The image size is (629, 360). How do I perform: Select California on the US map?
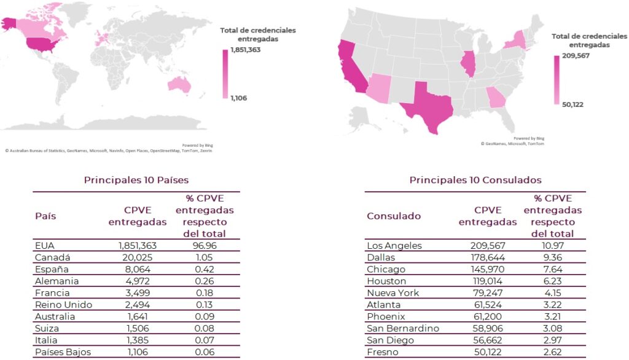(x=347, y=68)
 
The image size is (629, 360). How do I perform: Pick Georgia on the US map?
(x=495, y=96)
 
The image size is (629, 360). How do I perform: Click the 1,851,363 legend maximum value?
(x=246, y=50)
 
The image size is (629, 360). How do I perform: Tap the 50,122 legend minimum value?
(x=573, y=104)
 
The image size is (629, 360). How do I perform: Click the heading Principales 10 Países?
(x=136, y=180)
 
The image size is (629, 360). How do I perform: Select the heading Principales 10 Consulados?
(x=475, y=180)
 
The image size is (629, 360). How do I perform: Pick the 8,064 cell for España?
(x=138, y=269)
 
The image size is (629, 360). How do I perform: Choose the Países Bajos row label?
(x=64, y=352)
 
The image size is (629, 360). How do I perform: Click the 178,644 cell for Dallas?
(x=488, y=257)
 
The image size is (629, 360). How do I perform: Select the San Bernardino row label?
(x=402, y=328)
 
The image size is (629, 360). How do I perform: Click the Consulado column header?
(x=394, y=216)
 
